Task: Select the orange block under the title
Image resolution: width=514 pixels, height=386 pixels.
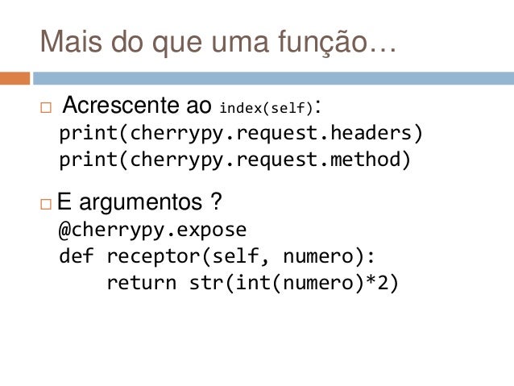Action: click(15, 78)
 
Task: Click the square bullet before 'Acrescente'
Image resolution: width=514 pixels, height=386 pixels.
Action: click(45, 107)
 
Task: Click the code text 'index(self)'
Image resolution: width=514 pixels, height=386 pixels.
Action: click(267, 107)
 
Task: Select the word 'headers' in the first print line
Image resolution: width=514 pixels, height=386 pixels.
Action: click(376, 131)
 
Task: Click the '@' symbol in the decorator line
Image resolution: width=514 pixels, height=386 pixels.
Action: click(65, 230)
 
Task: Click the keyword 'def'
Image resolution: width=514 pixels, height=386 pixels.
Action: click(77, 256)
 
